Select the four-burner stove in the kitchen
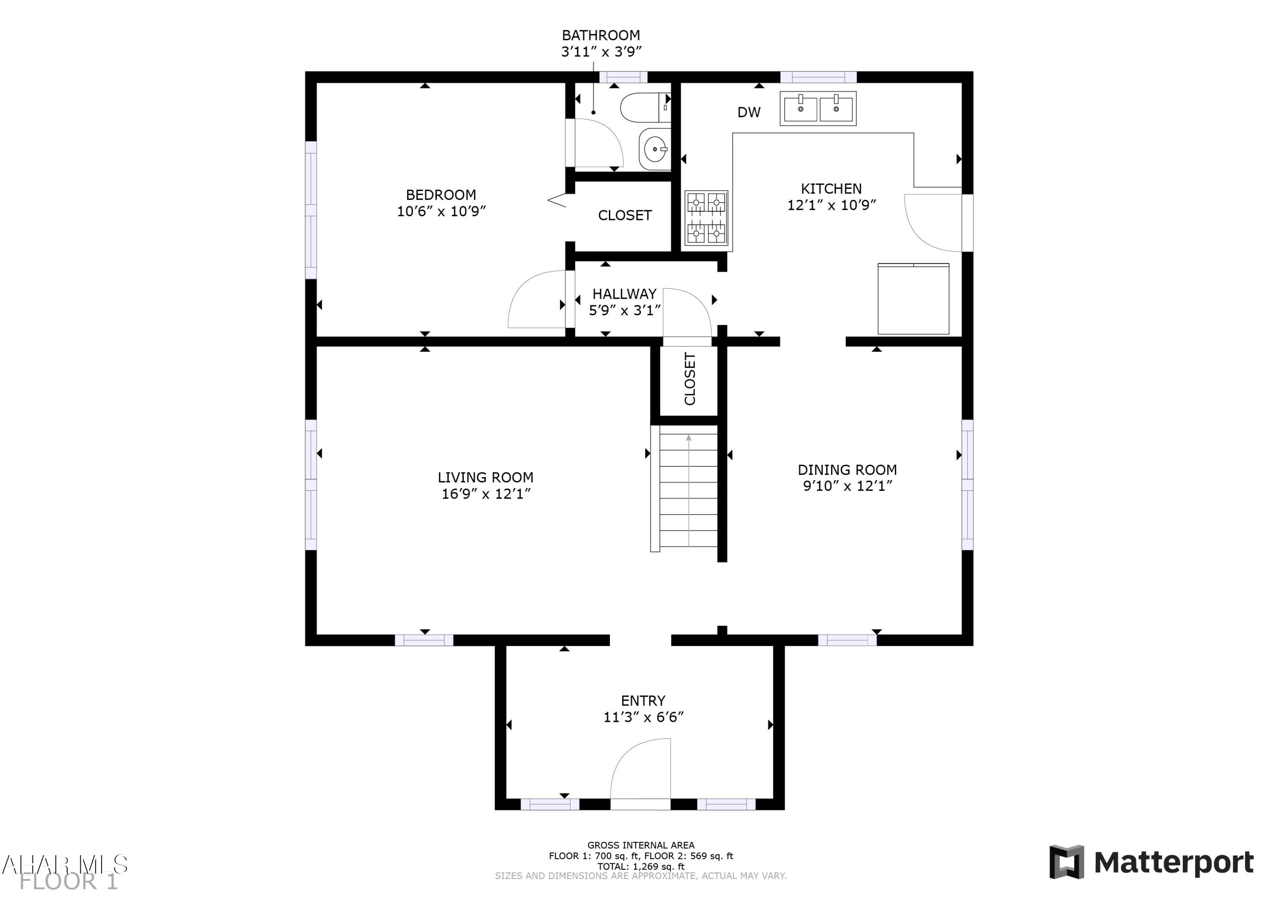click(x=706, y=218)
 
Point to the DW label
click(x=749, y=112)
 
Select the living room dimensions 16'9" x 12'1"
click(x=486, y=494)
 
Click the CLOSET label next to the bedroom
click(x=625, y=215)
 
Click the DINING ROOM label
click(x=847, y=470)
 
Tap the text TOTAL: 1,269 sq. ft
click(x=641, y=866)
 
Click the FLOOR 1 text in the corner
click(x=69, y=882)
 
